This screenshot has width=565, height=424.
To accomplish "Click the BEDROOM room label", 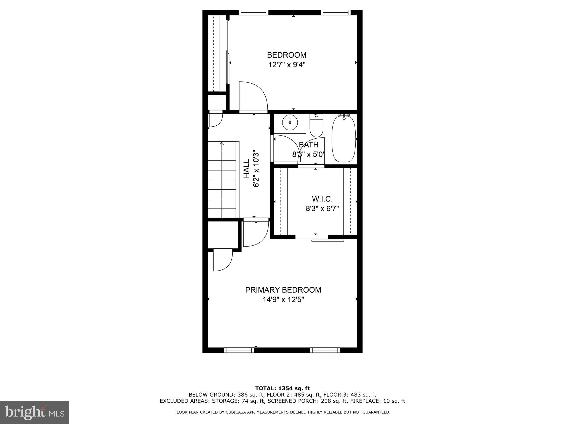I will [x=287, y=55].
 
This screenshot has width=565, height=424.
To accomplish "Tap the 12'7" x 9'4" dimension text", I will [x=287, y=65].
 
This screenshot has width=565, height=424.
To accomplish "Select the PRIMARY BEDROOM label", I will [x=283, y=290].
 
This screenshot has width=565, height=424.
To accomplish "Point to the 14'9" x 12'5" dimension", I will [x=283, y=300].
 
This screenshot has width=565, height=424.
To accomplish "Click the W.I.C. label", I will [x=322, y=199].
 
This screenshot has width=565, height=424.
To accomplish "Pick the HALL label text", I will [x=246, y=168].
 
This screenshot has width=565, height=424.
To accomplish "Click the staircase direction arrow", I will [x=222, y=144].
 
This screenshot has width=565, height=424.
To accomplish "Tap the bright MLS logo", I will [x=34, y=412].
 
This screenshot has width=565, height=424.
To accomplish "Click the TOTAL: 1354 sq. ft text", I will [x=282, y=388].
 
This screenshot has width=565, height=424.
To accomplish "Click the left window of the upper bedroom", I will [x=253, y=12].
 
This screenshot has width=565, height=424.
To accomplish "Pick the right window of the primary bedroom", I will [x=325, y=350].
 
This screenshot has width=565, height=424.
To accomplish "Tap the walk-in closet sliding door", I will [x=327, y=240].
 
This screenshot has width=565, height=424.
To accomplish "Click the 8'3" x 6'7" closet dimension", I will [x=322, y=208].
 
